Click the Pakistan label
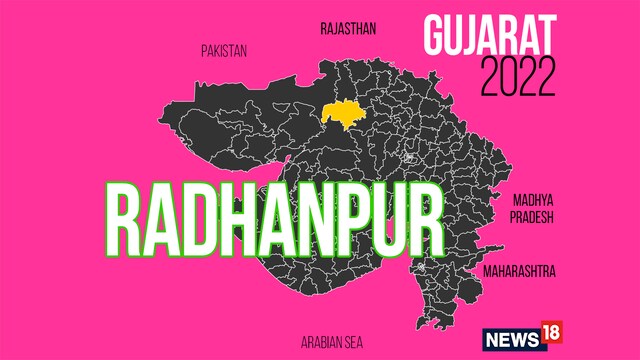[x=223, y=49]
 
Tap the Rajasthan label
[x=348, y=29]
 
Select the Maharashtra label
[x=518, y=271]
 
